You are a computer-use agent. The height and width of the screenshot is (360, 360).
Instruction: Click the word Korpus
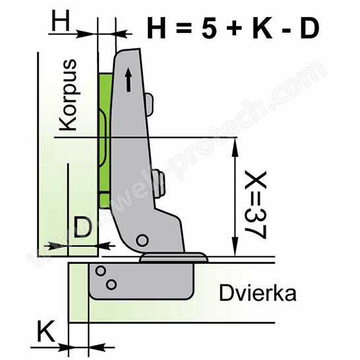coord(68,95)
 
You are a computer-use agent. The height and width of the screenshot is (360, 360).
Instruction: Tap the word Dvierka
coord(258,293)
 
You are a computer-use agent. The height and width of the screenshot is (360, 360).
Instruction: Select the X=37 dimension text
coord(255,205)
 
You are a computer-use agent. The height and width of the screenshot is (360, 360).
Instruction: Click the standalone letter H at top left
coord(61,22)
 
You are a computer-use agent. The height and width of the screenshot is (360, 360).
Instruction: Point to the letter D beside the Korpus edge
coord(83,227)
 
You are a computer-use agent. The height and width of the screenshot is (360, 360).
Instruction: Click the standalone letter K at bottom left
coord(46,331)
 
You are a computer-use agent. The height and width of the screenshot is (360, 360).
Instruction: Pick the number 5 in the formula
coord(209,28)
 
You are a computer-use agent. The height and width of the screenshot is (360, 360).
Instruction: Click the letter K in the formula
coord(262,28)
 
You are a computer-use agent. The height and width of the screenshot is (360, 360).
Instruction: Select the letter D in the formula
coord(309,28)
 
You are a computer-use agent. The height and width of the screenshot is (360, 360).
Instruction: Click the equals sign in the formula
coord(183,28)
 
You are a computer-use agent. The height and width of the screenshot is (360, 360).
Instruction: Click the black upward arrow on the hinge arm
coord(129,79)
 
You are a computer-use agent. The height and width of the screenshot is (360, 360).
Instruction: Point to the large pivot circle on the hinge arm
coord(142,241)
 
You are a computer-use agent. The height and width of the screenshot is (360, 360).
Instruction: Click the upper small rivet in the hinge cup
coord(100,271)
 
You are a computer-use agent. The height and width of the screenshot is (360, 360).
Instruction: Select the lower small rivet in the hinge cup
coord(111,285)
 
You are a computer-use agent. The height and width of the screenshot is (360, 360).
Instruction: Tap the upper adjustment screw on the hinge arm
coord(149,104)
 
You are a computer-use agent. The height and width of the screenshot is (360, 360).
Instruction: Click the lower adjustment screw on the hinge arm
coord(159,183)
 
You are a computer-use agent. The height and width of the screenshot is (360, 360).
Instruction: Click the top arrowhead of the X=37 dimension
coord(235,146)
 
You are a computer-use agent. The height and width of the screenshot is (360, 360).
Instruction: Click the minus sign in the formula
coord(286,30)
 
